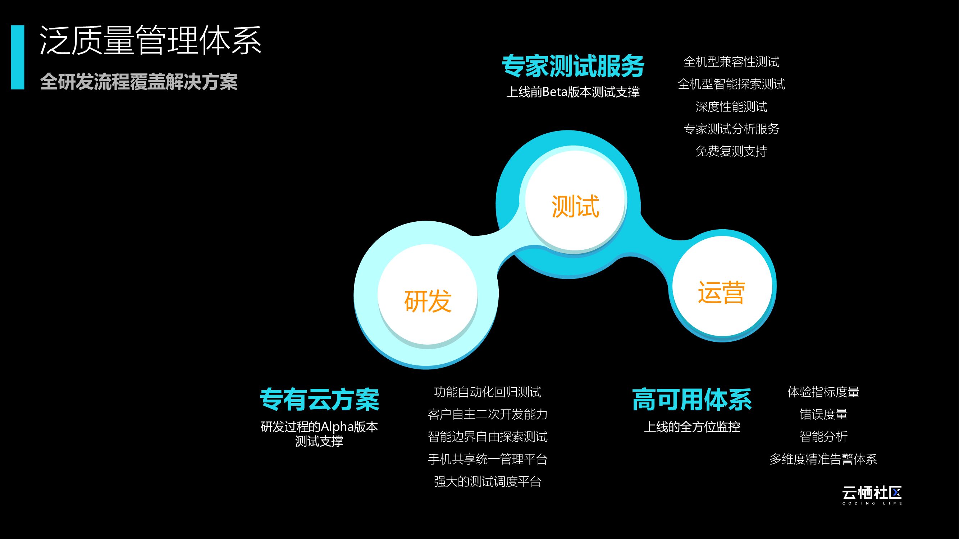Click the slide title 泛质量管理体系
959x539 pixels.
click(150, 40)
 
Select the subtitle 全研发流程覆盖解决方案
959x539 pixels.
click(139, 82)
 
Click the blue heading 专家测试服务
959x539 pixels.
click(572, 66)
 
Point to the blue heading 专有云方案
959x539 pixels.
click(319, 400)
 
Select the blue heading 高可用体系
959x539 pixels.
click(692, 400)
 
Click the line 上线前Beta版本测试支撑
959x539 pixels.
click(572, 92)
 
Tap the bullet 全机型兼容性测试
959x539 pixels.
click(731, 62)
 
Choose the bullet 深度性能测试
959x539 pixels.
click(731, 107)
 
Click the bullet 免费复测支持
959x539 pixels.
click(731, 151)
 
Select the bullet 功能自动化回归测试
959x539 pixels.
click(487, 392)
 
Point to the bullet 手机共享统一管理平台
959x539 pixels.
click(487, 459)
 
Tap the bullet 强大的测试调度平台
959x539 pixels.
click(487, 482)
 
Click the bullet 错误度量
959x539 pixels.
click(823, 414)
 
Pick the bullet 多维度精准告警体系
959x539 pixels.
click(823, 459)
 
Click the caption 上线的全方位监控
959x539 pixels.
click(692, 427)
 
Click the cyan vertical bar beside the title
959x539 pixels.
click(18, 57)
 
